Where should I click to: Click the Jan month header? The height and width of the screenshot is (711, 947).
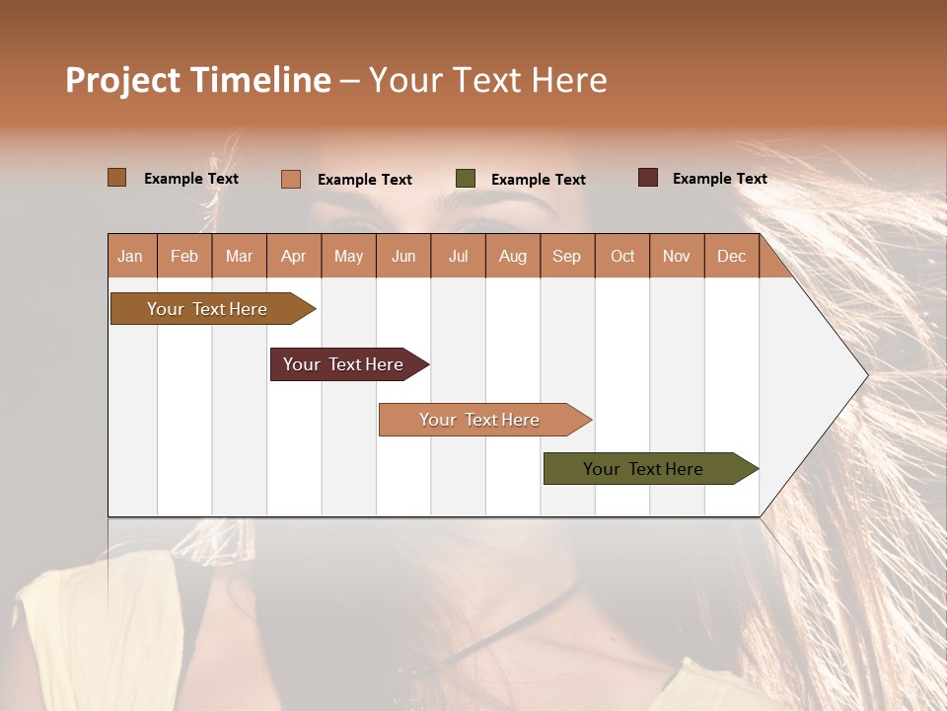coord(131,256)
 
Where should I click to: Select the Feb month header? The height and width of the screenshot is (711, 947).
coord(184,256)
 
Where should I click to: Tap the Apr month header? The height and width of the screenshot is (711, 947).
coord(294,256)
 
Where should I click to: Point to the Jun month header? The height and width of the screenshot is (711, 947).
coord(403,256)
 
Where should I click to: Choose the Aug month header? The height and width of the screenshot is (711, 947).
coord(513,256)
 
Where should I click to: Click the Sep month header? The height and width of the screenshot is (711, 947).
coord(567,256)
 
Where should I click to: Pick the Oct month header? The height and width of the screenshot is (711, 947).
coord(622,256)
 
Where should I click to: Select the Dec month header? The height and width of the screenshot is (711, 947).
coord(732,256)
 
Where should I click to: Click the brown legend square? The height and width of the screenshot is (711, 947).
coord(117,178)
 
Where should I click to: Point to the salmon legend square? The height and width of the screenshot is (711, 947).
coord(291,179)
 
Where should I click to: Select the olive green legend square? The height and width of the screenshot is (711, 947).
coord(466,179)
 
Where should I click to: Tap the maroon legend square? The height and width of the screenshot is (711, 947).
coord(648,178)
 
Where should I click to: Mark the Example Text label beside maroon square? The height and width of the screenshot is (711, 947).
coord(719,179)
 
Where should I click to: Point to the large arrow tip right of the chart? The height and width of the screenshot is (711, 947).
coord(848,375)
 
